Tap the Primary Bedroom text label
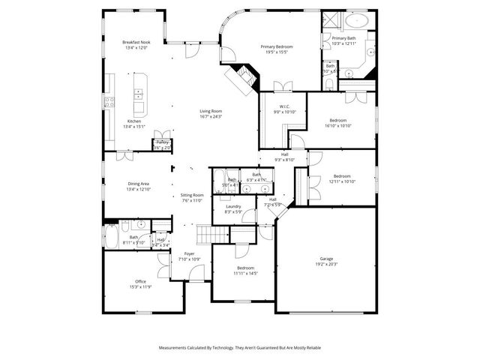pyautogui.click(x=276, y=46)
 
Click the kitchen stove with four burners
pyautogui.click(x=109, y=101)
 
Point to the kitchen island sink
pyautogui.click(x=139, y=94)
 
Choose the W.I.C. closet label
pyautogui.click(x=285, y=106)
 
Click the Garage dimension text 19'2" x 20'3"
pyautogui.click(x=326, y=264)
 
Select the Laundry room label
pyautogui.click(x=232, y=206)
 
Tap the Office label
pyautogui.click(x=140, y=280)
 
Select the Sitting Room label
pyautogui.click(x=193, y=194)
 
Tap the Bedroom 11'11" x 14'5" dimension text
pyautogui.click(x=245, y=274)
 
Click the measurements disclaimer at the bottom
pyautogui.click(x=239, y=348)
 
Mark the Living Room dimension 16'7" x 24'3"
pyautogui.click(x=211, y=116)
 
